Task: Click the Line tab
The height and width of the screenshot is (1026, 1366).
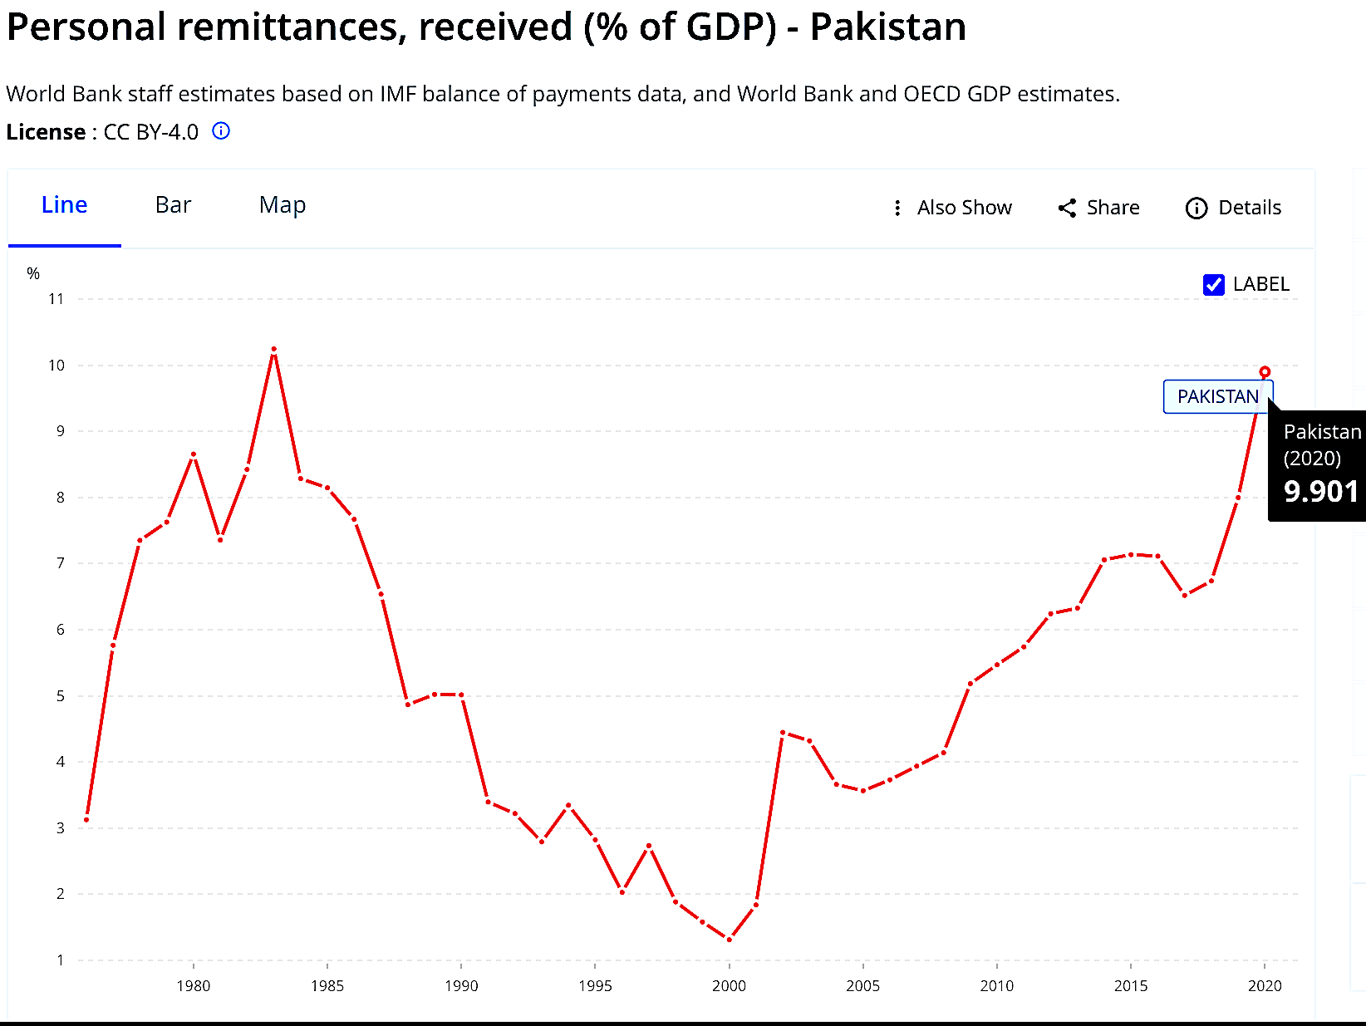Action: pyautogui.click(x=64, y=205)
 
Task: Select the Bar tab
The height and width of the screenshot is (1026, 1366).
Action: pyautogui.click(x=173, y=205)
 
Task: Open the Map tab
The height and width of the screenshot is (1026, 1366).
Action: pyautogui.click(x=283, y=205)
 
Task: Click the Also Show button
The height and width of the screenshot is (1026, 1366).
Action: pyautogui.click(x=952, y=208)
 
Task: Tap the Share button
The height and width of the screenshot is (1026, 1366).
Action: pyautogui.click(x=1098, y=208)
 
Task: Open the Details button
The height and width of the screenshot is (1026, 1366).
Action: pyautogui.click(x=1234, y=208)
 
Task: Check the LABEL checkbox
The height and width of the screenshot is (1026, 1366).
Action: pyautogui.click(x=1214, y=285)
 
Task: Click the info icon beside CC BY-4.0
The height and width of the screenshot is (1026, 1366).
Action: pyautogui.click(x=221, y=131)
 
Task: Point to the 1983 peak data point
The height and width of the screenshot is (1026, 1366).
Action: pyautogui.click(x=273, y=350)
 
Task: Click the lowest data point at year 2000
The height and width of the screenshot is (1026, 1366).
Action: pyautogui.click(x=729, y=940)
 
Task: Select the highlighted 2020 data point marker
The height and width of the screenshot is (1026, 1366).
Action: pyautogui.click(x=1265, y=372)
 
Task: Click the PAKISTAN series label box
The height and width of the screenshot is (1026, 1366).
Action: pyautogui.click(x=1217, y=397)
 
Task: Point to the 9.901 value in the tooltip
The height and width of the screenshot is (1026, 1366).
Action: pyautogui.click(x=1320, y=492)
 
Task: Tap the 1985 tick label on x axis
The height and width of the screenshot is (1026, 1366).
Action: pyautogui.click(x=327, y=986)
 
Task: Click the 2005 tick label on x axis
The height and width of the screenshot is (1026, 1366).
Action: pyautogui.click(x=862, y=986)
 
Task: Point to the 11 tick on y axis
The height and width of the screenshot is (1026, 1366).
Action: pyautogui.click(x=56, y=299)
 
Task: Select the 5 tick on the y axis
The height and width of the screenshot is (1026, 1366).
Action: pyautogui.click(x=60, y=696)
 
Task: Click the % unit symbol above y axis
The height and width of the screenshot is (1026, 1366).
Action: pyautogui.click(x=33, y=273)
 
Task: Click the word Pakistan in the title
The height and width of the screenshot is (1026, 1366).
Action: pyautogui.click(x=887, y=27)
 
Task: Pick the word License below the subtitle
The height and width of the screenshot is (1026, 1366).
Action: pyautogui.click(x=46, y=132)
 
